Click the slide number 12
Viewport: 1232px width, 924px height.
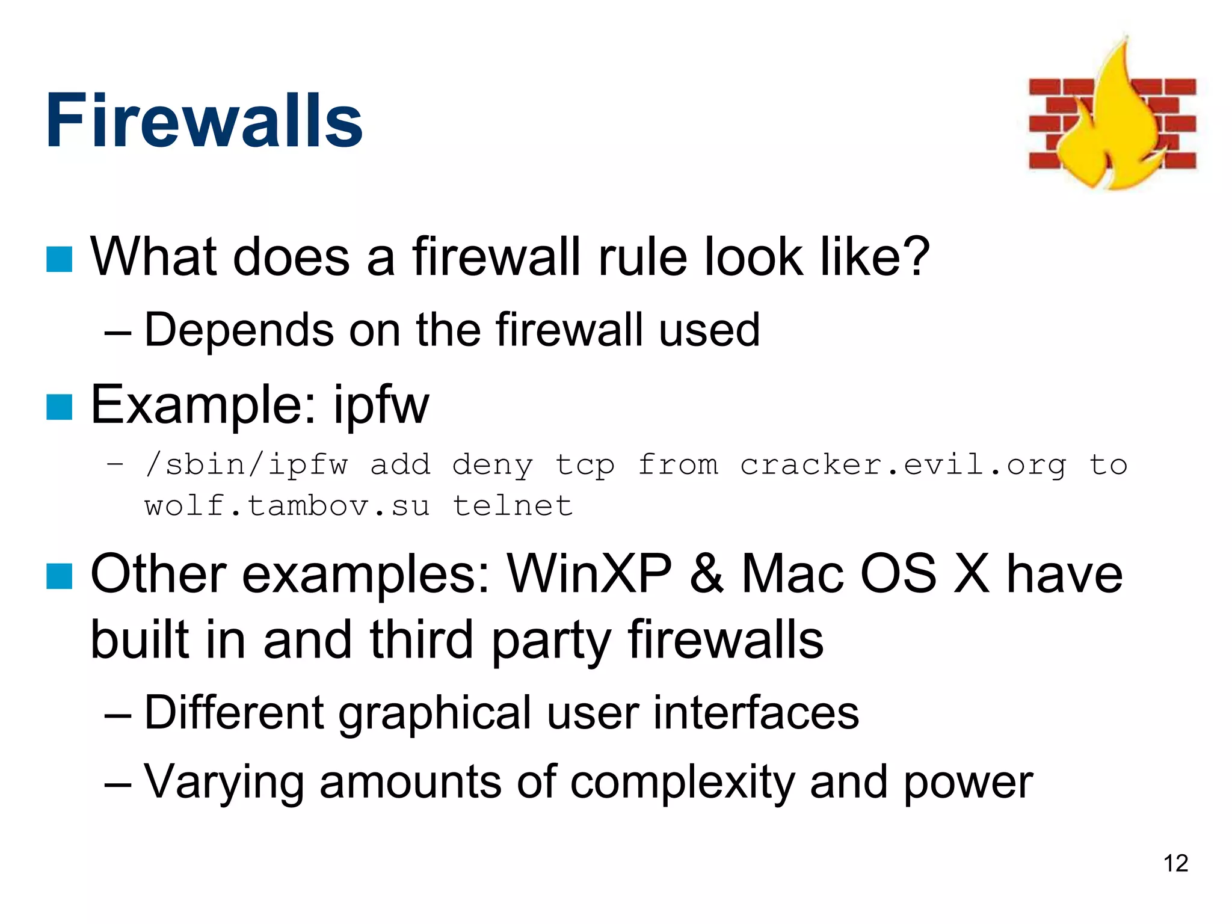pos(1175,863)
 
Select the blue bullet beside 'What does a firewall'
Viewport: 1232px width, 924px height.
pos(60,259)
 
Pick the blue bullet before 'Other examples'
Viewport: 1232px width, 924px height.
pos(60,576)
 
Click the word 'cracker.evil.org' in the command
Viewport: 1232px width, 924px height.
pos(902,464)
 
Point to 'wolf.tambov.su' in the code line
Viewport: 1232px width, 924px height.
pos(287,505)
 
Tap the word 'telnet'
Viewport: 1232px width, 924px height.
pos(513,505)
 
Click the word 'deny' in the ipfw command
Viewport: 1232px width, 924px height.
pos(492,465)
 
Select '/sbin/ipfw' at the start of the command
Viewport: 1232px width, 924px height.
pos(246,465)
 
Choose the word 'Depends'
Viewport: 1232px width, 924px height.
pos(239,330)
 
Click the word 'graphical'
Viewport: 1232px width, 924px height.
pos(436,713)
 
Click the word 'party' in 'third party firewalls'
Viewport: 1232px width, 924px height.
pos(551,641)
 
